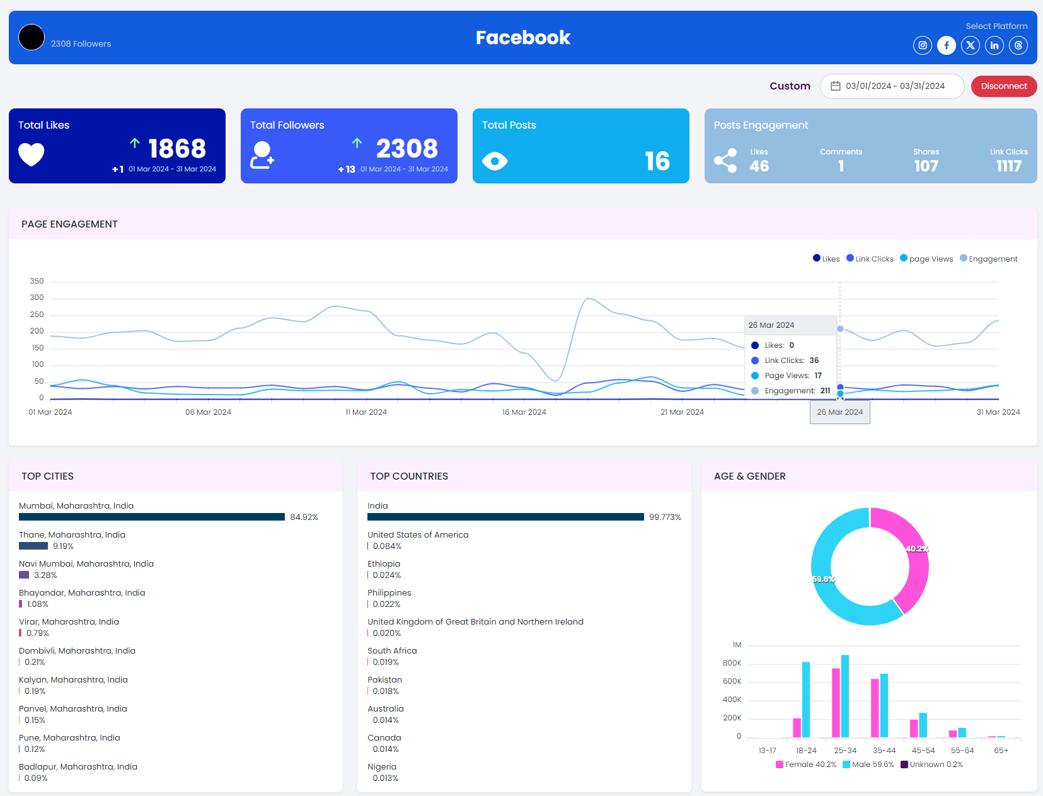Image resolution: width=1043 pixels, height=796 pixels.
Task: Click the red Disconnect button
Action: (1003, 86)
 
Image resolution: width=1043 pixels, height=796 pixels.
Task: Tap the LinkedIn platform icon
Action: (994, 45)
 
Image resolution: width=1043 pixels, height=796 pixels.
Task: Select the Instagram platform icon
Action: (922, 45)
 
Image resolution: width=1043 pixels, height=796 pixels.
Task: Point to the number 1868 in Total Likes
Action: (177, 149)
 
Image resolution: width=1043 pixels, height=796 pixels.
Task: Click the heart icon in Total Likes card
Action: (32, 154)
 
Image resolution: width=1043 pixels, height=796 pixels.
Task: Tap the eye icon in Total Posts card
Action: (495, 161)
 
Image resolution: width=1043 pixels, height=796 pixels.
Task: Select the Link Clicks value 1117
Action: (1008, 166)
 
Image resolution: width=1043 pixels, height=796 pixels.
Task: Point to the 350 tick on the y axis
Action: (37, 281)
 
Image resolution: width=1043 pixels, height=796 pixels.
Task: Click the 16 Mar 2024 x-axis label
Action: (524, 412)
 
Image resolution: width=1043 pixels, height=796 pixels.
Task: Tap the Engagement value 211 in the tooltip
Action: (825, 391)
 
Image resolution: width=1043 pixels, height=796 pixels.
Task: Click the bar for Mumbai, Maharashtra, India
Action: (151, 517)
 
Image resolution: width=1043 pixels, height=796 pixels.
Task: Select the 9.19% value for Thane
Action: (63, 546)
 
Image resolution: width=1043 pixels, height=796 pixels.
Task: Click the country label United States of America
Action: (418, 535)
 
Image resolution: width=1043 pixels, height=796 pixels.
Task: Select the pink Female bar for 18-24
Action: (797, 727)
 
